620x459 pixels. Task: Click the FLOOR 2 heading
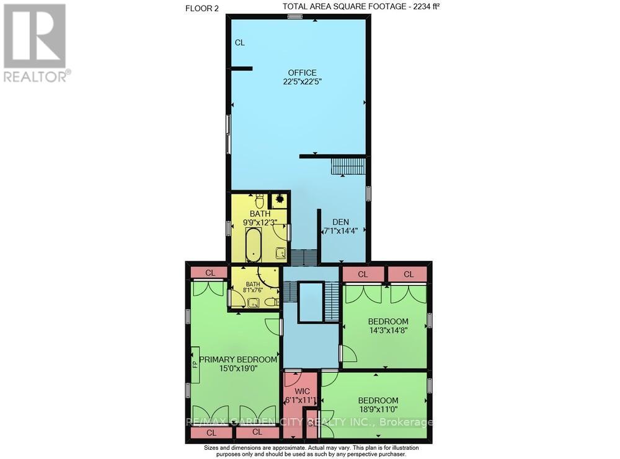203,7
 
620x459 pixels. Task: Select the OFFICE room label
302,72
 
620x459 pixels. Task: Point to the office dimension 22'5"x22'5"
302,81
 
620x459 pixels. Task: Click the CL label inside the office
240,43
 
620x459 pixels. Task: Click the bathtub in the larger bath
253,245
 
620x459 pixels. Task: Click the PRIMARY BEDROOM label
238,359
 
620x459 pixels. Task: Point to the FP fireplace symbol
194,363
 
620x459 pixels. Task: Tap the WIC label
301,391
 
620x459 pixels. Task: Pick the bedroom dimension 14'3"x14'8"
388,330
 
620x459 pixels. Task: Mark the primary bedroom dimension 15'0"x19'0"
238,369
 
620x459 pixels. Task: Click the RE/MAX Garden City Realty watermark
310,422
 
